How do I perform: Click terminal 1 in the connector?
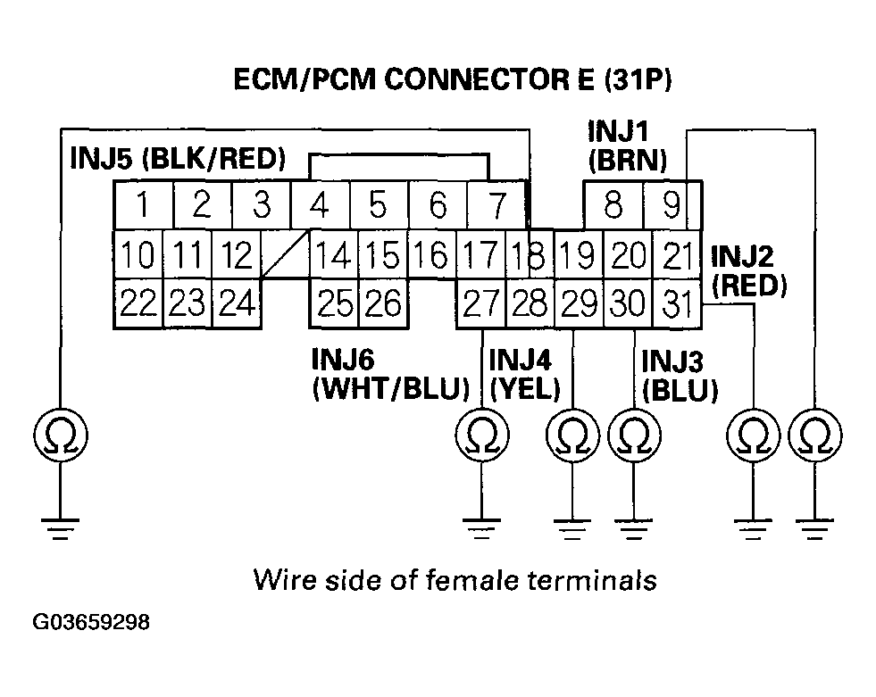pos(144,204)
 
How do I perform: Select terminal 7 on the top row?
pos(496,204)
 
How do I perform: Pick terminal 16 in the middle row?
pos(432,254)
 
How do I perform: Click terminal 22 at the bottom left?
pos(138,303)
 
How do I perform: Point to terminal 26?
pos(383,303)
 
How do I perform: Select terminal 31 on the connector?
pos(677,303)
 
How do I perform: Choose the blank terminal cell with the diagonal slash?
pos(285,254)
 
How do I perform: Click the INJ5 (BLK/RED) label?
pos(178,159)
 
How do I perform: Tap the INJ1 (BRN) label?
pos(627,146)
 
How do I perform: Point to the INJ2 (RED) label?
pos(748,270)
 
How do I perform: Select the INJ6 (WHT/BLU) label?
pos(390,374)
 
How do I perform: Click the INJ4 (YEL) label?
pos(524,374)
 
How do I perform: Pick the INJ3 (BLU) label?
pos(679,376)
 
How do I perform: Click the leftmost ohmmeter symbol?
pos(61,435)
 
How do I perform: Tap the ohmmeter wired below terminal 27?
pos(482,435)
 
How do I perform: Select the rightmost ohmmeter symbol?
pos(815,435)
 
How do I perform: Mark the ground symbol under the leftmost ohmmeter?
pos(61,529)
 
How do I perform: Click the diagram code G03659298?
pos(91,622)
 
